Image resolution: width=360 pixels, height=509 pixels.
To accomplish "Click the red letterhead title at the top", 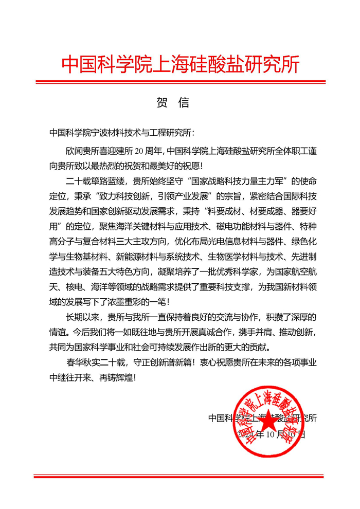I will click(x=180, y=64).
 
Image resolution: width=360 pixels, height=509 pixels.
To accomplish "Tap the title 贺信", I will click(x=173, y=102).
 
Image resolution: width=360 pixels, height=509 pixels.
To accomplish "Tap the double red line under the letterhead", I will click(x=180, y=82).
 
